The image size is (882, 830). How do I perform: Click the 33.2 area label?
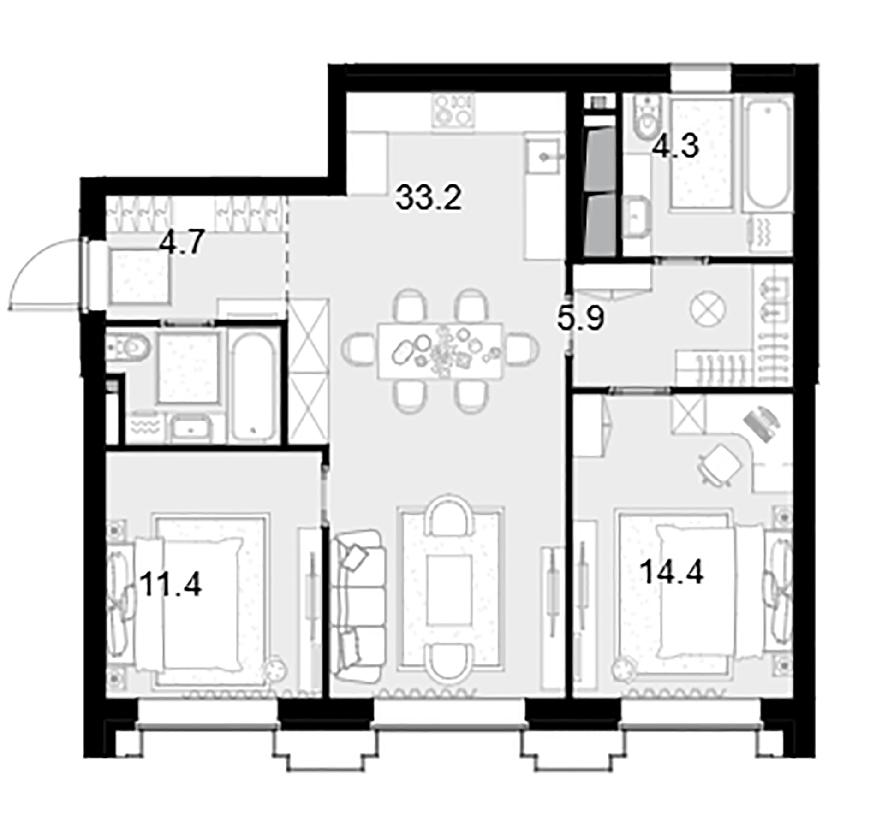coord(428,198)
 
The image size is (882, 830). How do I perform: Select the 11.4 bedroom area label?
coord(171,584)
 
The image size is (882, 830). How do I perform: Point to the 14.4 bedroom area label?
coord(672,572)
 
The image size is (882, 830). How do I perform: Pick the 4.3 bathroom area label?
coord(676,146)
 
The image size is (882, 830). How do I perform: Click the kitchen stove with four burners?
coord(453,111)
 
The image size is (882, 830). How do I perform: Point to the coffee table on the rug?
coord(450,589)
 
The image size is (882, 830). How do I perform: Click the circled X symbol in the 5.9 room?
coord(708,309)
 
